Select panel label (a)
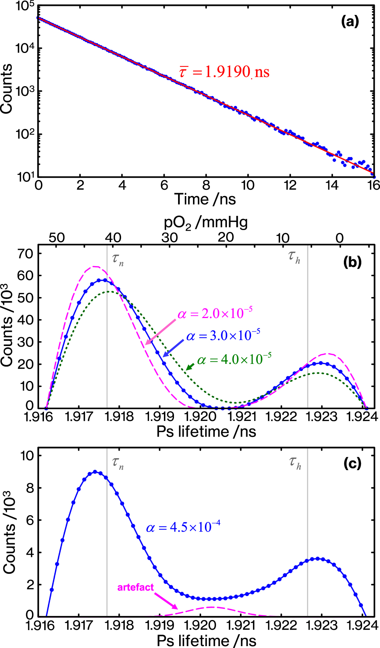click(350, 22)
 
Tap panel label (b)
click(352, 262)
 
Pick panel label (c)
click(352, 463)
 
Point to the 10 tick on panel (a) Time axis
click(248, 185)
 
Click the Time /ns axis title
click(205, 199)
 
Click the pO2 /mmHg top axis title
click(206, 223)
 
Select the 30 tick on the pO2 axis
click(170, 238)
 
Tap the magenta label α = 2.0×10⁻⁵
click(215, 314)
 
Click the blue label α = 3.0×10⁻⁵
click(223, 336)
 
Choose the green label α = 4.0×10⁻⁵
click(234, 359)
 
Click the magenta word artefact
click(136, 587)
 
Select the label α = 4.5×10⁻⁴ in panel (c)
click(183, 527)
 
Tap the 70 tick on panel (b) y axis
click(26, 254)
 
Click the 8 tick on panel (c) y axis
click(30, 488)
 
